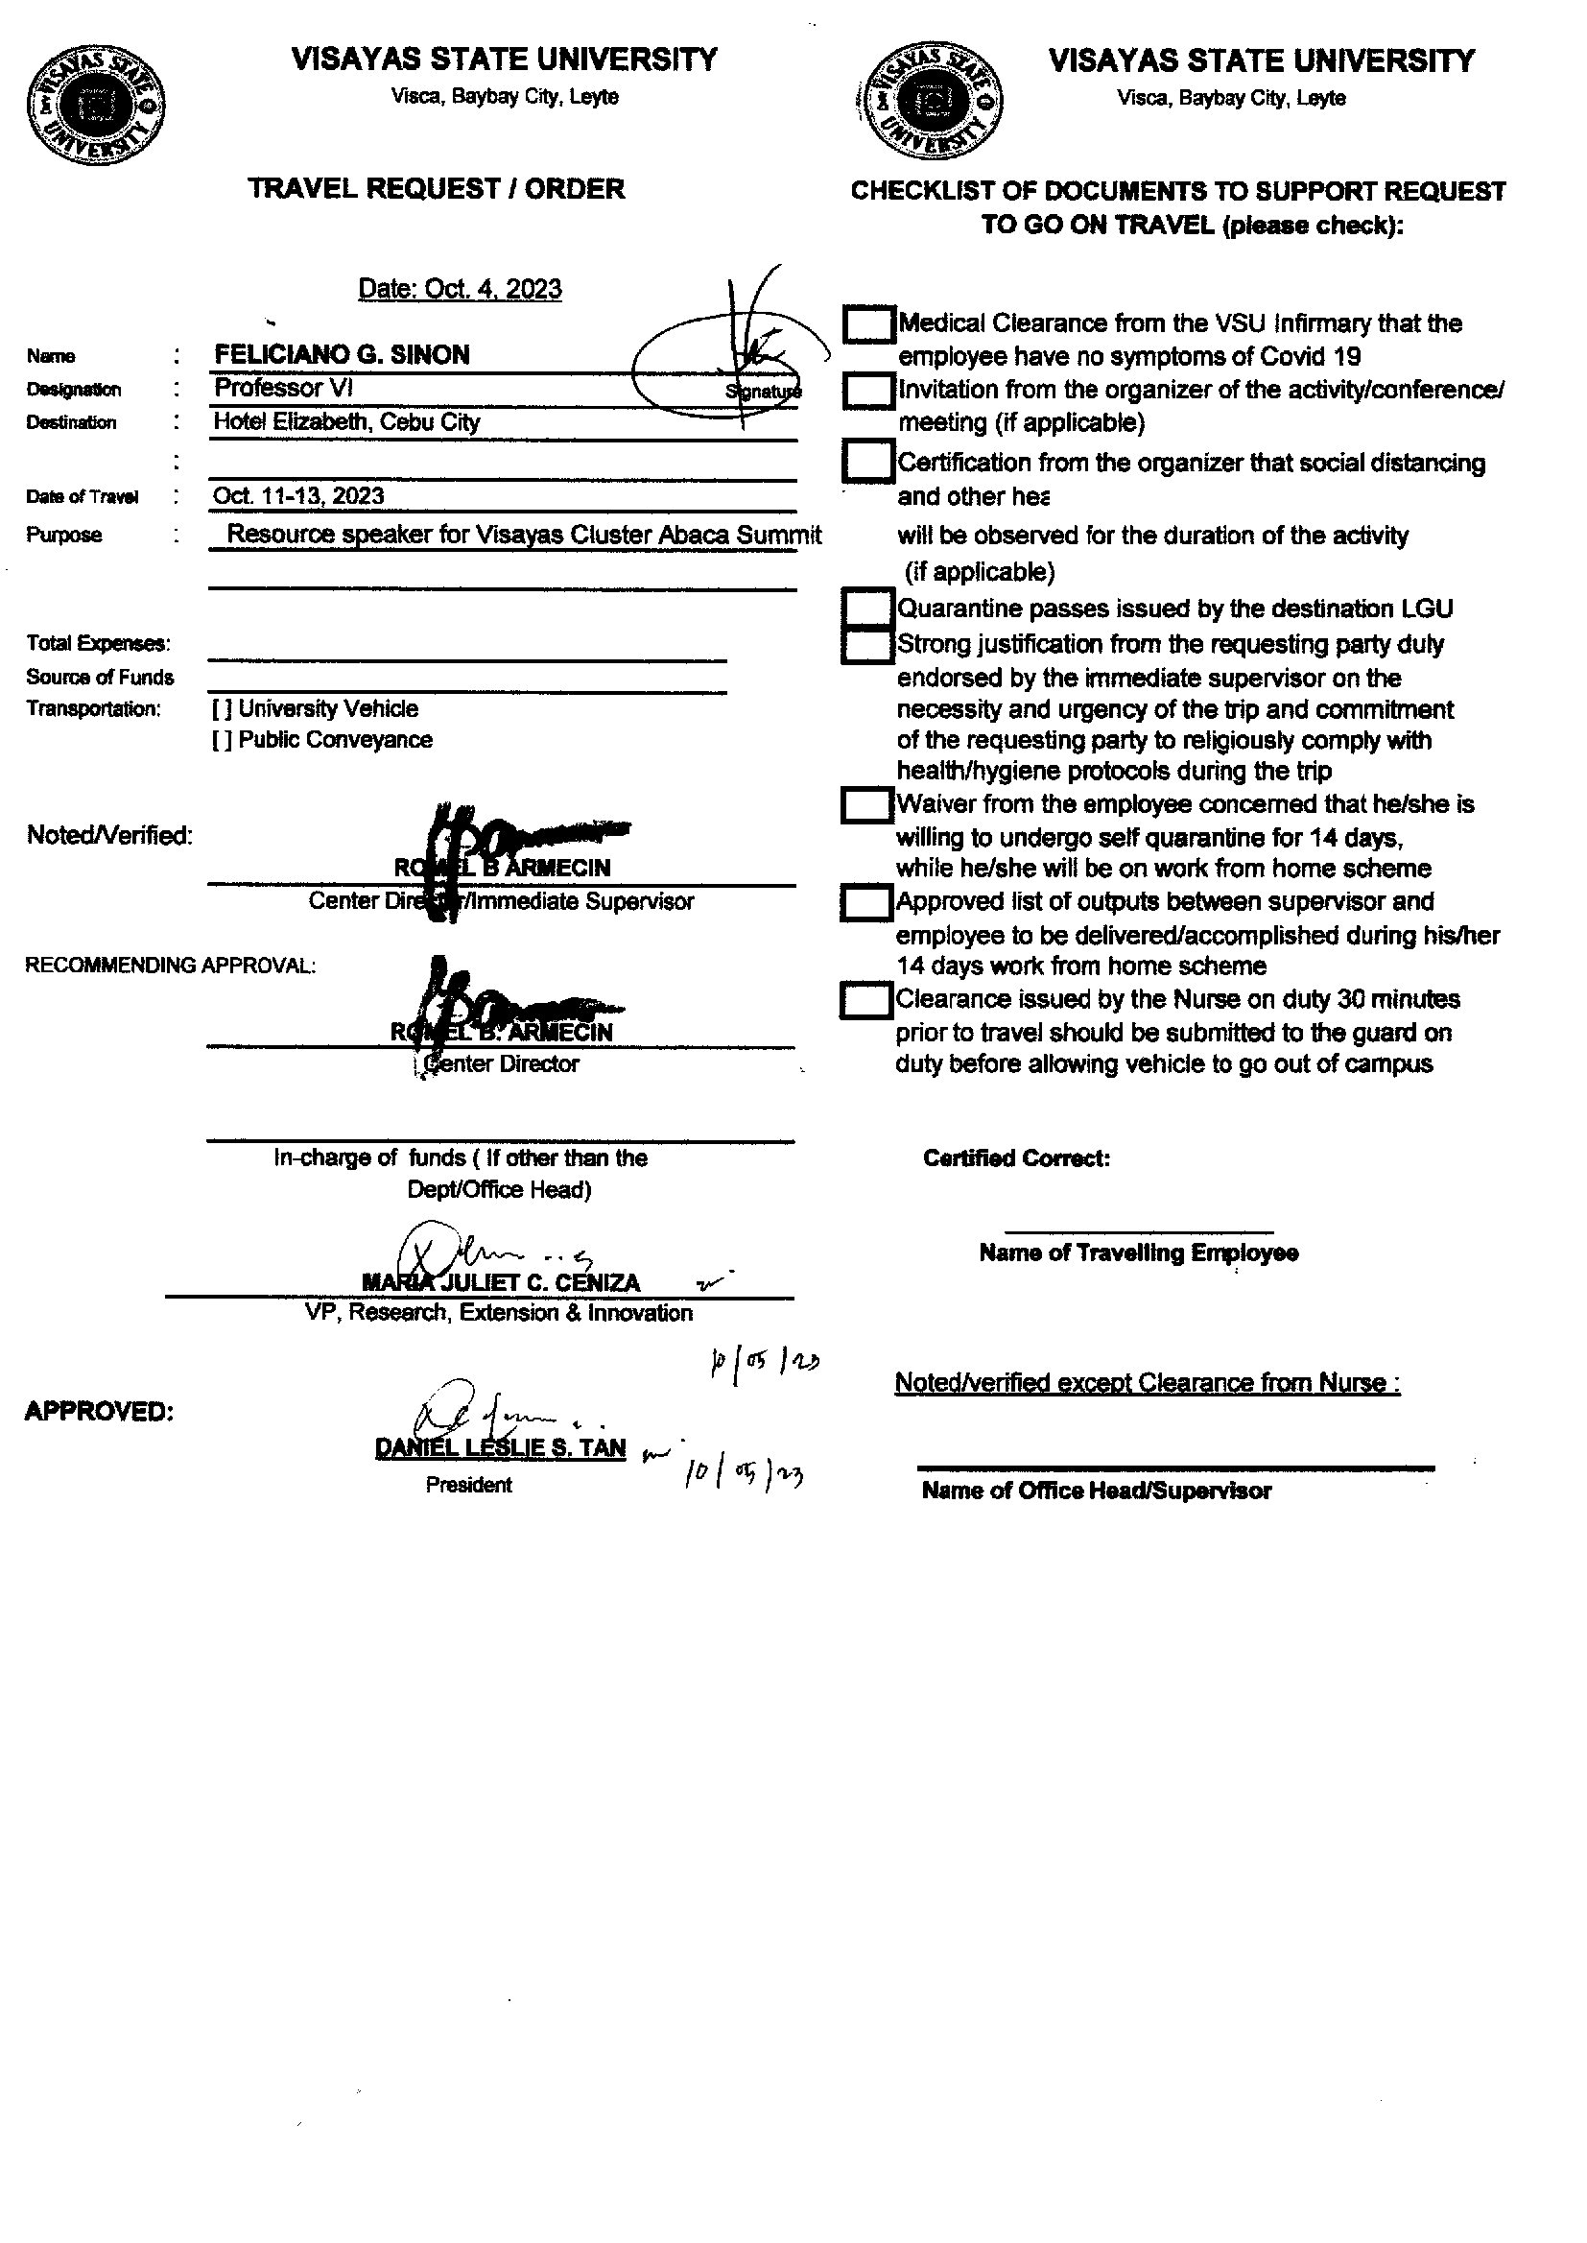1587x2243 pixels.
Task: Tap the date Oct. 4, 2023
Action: click(460, 289)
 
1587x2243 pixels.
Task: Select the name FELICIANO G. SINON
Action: click(342, 355)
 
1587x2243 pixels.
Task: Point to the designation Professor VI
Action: click(282, 388)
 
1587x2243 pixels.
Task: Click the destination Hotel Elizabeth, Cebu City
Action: click(347, 422)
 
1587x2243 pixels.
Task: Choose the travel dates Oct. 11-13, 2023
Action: click(298, 495)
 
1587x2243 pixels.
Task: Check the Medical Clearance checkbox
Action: click(867, 324)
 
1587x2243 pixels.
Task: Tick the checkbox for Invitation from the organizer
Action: click(867, 391)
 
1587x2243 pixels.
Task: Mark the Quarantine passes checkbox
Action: click(867, 607)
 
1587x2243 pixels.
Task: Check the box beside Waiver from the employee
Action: click(865, 805)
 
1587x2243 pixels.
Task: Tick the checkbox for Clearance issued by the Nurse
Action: click(865, 1001)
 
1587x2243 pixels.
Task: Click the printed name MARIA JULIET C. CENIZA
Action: click(500, 1282)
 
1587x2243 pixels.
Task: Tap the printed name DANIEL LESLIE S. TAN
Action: click(500, 1447)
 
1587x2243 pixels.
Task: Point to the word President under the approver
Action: click(468, 1485)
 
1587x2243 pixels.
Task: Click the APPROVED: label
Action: click(99, 1411)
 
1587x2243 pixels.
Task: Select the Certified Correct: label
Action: click(1016, 1158)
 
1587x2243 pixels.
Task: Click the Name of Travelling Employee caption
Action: click(1139, 1253)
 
